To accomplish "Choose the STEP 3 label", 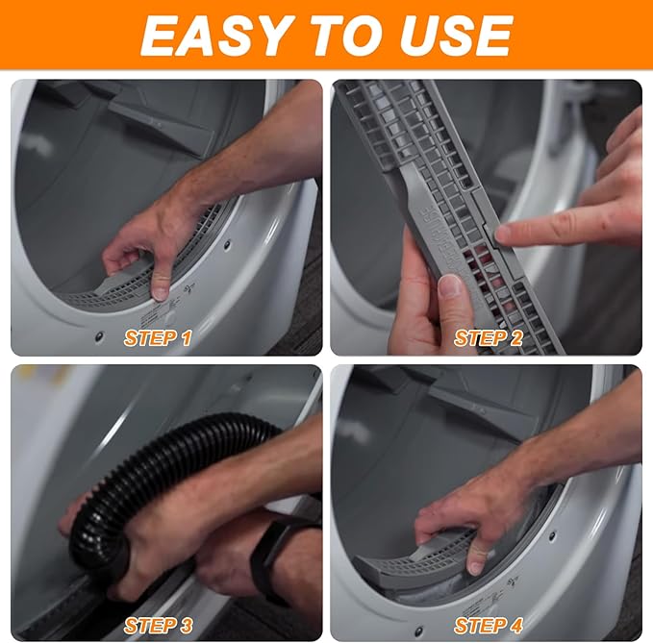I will pos(164,626).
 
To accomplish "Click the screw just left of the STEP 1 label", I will pos(99,336).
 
